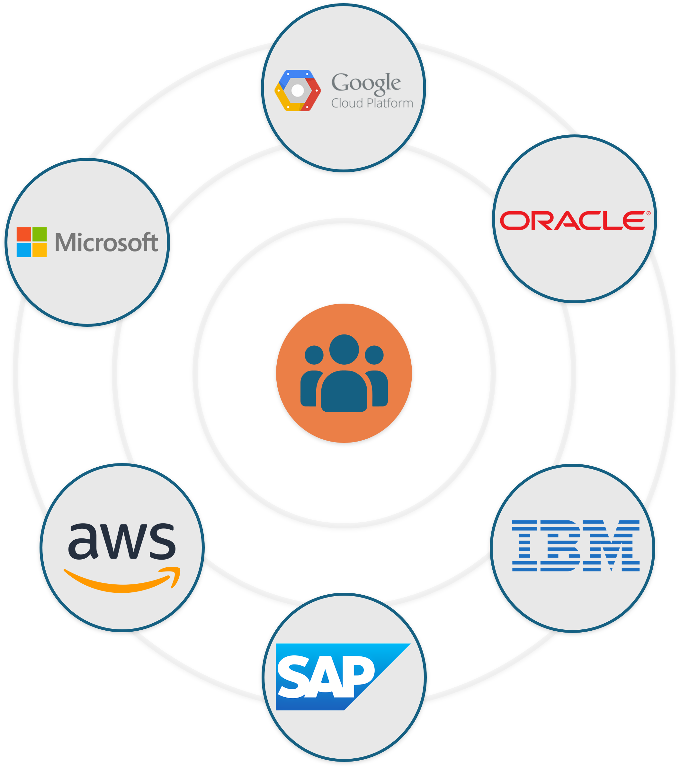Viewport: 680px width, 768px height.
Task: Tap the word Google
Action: click(x=366, y=83)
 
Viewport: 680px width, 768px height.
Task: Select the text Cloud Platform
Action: click(x=372, y=103)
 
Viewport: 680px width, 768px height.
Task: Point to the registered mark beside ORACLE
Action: click(x=648, y=214)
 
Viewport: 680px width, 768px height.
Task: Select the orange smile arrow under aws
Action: click(x=122, y=581)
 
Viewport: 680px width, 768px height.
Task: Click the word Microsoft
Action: click(x=106, y=242)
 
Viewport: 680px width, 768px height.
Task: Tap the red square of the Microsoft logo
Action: click(x=24, y=234)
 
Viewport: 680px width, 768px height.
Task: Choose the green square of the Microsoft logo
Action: click(x=40, y=234)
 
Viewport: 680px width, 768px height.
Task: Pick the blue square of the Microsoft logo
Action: click(x=24, y=250)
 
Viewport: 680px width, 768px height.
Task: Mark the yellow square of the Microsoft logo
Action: click(x=40, y=250)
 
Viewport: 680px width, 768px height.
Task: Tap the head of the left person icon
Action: click(x=314, y=355)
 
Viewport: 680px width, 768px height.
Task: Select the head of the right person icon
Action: click(x=374, y=355)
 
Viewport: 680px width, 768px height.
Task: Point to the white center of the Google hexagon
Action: click(x=297, y=91)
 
